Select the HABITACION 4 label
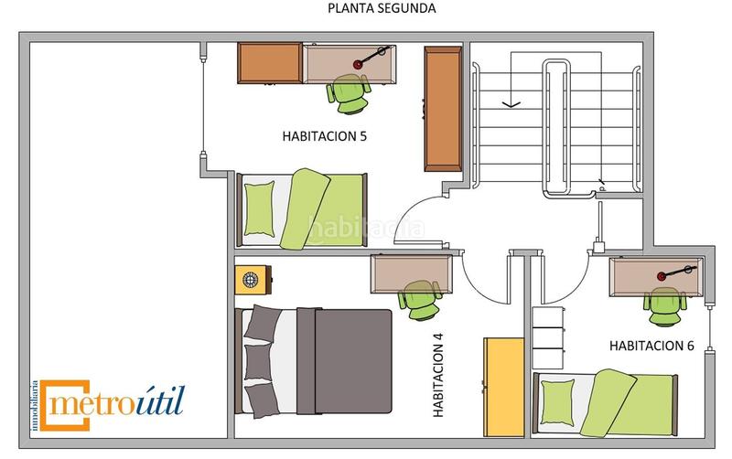tap(438, 376)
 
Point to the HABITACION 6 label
tap(652, 347)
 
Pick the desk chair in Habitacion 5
tap(350, 94)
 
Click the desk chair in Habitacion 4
tap(422, 299)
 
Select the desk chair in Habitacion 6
tap(663, 304)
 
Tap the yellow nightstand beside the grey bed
tap(253, 279)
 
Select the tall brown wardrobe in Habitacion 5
tap(443, 108)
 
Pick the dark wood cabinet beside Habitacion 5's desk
tap(270, 62)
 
